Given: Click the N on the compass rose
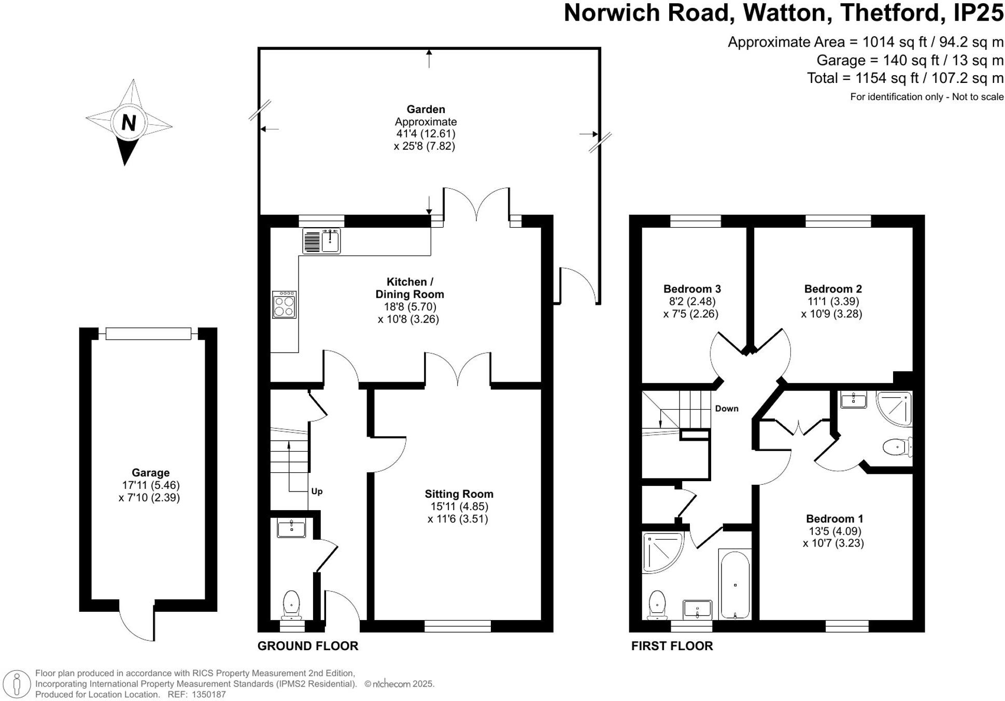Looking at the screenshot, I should tap(129, 123).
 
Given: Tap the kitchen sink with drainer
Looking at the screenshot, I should tap(321, 242).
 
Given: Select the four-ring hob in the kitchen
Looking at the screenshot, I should tap(285, 305).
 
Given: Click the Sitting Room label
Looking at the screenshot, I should tap(459, 494).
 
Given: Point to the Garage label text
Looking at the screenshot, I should tap(150, 473).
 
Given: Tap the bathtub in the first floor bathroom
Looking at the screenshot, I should tap(735, 585).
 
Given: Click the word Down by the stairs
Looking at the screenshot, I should tap(727, 409).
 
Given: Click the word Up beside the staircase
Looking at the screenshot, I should tap(317, 492).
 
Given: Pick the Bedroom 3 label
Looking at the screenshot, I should tap(692, 289).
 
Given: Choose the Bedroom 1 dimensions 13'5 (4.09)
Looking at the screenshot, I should tap(834, 531).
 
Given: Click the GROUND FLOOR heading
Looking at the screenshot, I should tap(308, 646).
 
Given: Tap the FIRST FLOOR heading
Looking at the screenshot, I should tap(672, 646).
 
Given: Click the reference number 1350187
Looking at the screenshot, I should tap(209, 694).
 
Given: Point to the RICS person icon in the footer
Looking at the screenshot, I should tap(17, 684).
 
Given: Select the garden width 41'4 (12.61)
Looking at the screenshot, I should tap(426, 134).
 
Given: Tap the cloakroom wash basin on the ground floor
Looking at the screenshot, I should tap(291, 528).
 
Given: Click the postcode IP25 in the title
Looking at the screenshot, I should tap(978, 13).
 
